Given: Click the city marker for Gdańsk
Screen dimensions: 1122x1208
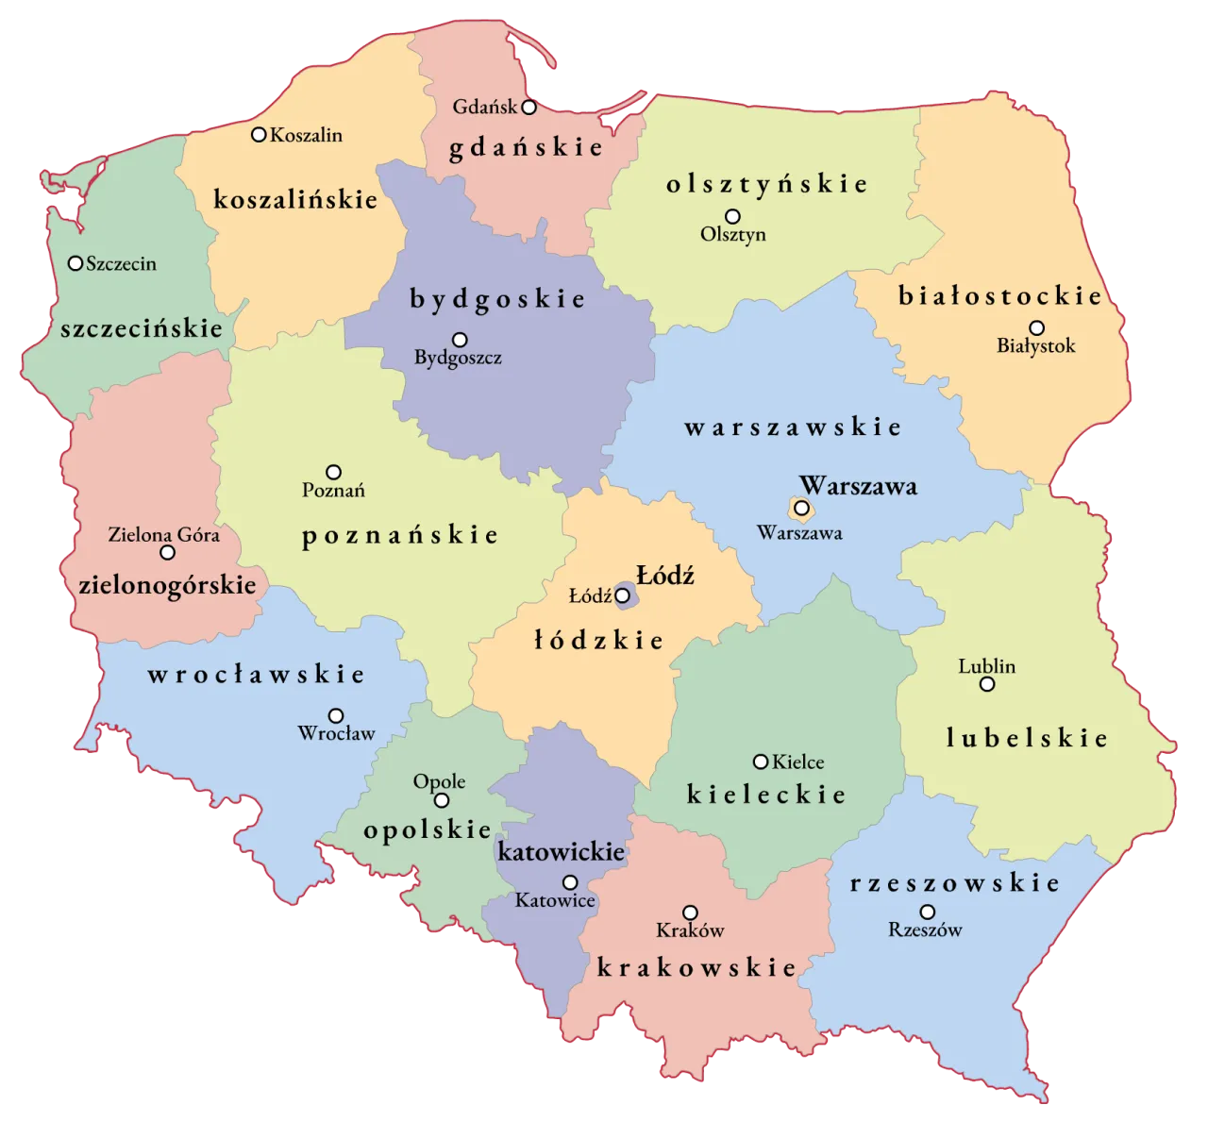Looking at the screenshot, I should tap(529, 107).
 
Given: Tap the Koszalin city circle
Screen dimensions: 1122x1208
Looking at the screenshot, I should tap(259, 135).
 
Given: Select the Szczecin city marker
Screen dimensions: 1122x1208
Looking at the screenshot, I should tap(75, 263).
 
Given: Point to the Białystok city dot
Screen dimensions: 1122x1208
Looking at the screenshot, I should tap(1036, 328).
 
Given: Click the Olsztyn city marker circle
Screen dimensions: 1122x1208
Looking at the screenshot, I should tap(732, 216).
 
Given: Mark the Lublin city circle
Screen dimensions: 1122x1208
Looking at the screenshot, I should tap(987, 684).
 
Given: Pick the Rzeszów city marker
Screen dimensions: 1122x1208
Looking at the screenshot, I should tap(928, 912).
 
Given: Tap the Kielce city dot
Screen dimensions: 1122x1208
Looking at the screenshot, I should tap(760, 762).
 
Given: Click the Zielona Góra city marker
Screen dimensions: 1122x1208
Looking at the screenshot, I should tap(167, 553).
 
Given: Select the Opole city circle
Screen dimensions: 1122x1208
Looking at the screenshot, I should tap(441, 801).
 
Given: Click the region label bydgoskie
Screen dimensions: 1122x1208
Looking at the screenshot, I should tap(497, 299).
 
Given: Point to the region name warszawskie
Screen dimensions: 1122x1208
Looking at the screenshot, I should tap(793, 427).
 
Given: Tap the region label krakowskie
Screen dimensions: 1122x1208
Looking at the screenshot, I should tap(696, 967).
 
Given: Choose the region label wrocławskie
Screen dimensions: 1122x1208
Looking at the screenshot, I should tap(256, 675).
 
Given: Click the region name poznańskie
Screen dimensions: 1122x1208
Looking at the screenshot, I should tap(399, 535).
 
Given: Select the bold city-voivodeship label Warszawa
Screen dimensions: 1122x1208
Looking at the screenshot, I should tap(858, 486).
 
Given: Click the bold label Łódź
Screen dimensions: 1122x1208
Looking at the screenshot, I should tap(665, 575).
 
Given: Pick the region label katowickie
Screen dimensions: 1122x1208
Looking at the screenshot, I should tap(561, 852).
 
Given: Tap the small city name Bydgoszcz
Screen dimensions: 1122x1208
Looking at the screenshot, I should tap(458, 359).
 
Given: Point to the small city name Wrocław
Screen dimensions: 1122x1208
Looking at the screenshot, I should tap(336, 733).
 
